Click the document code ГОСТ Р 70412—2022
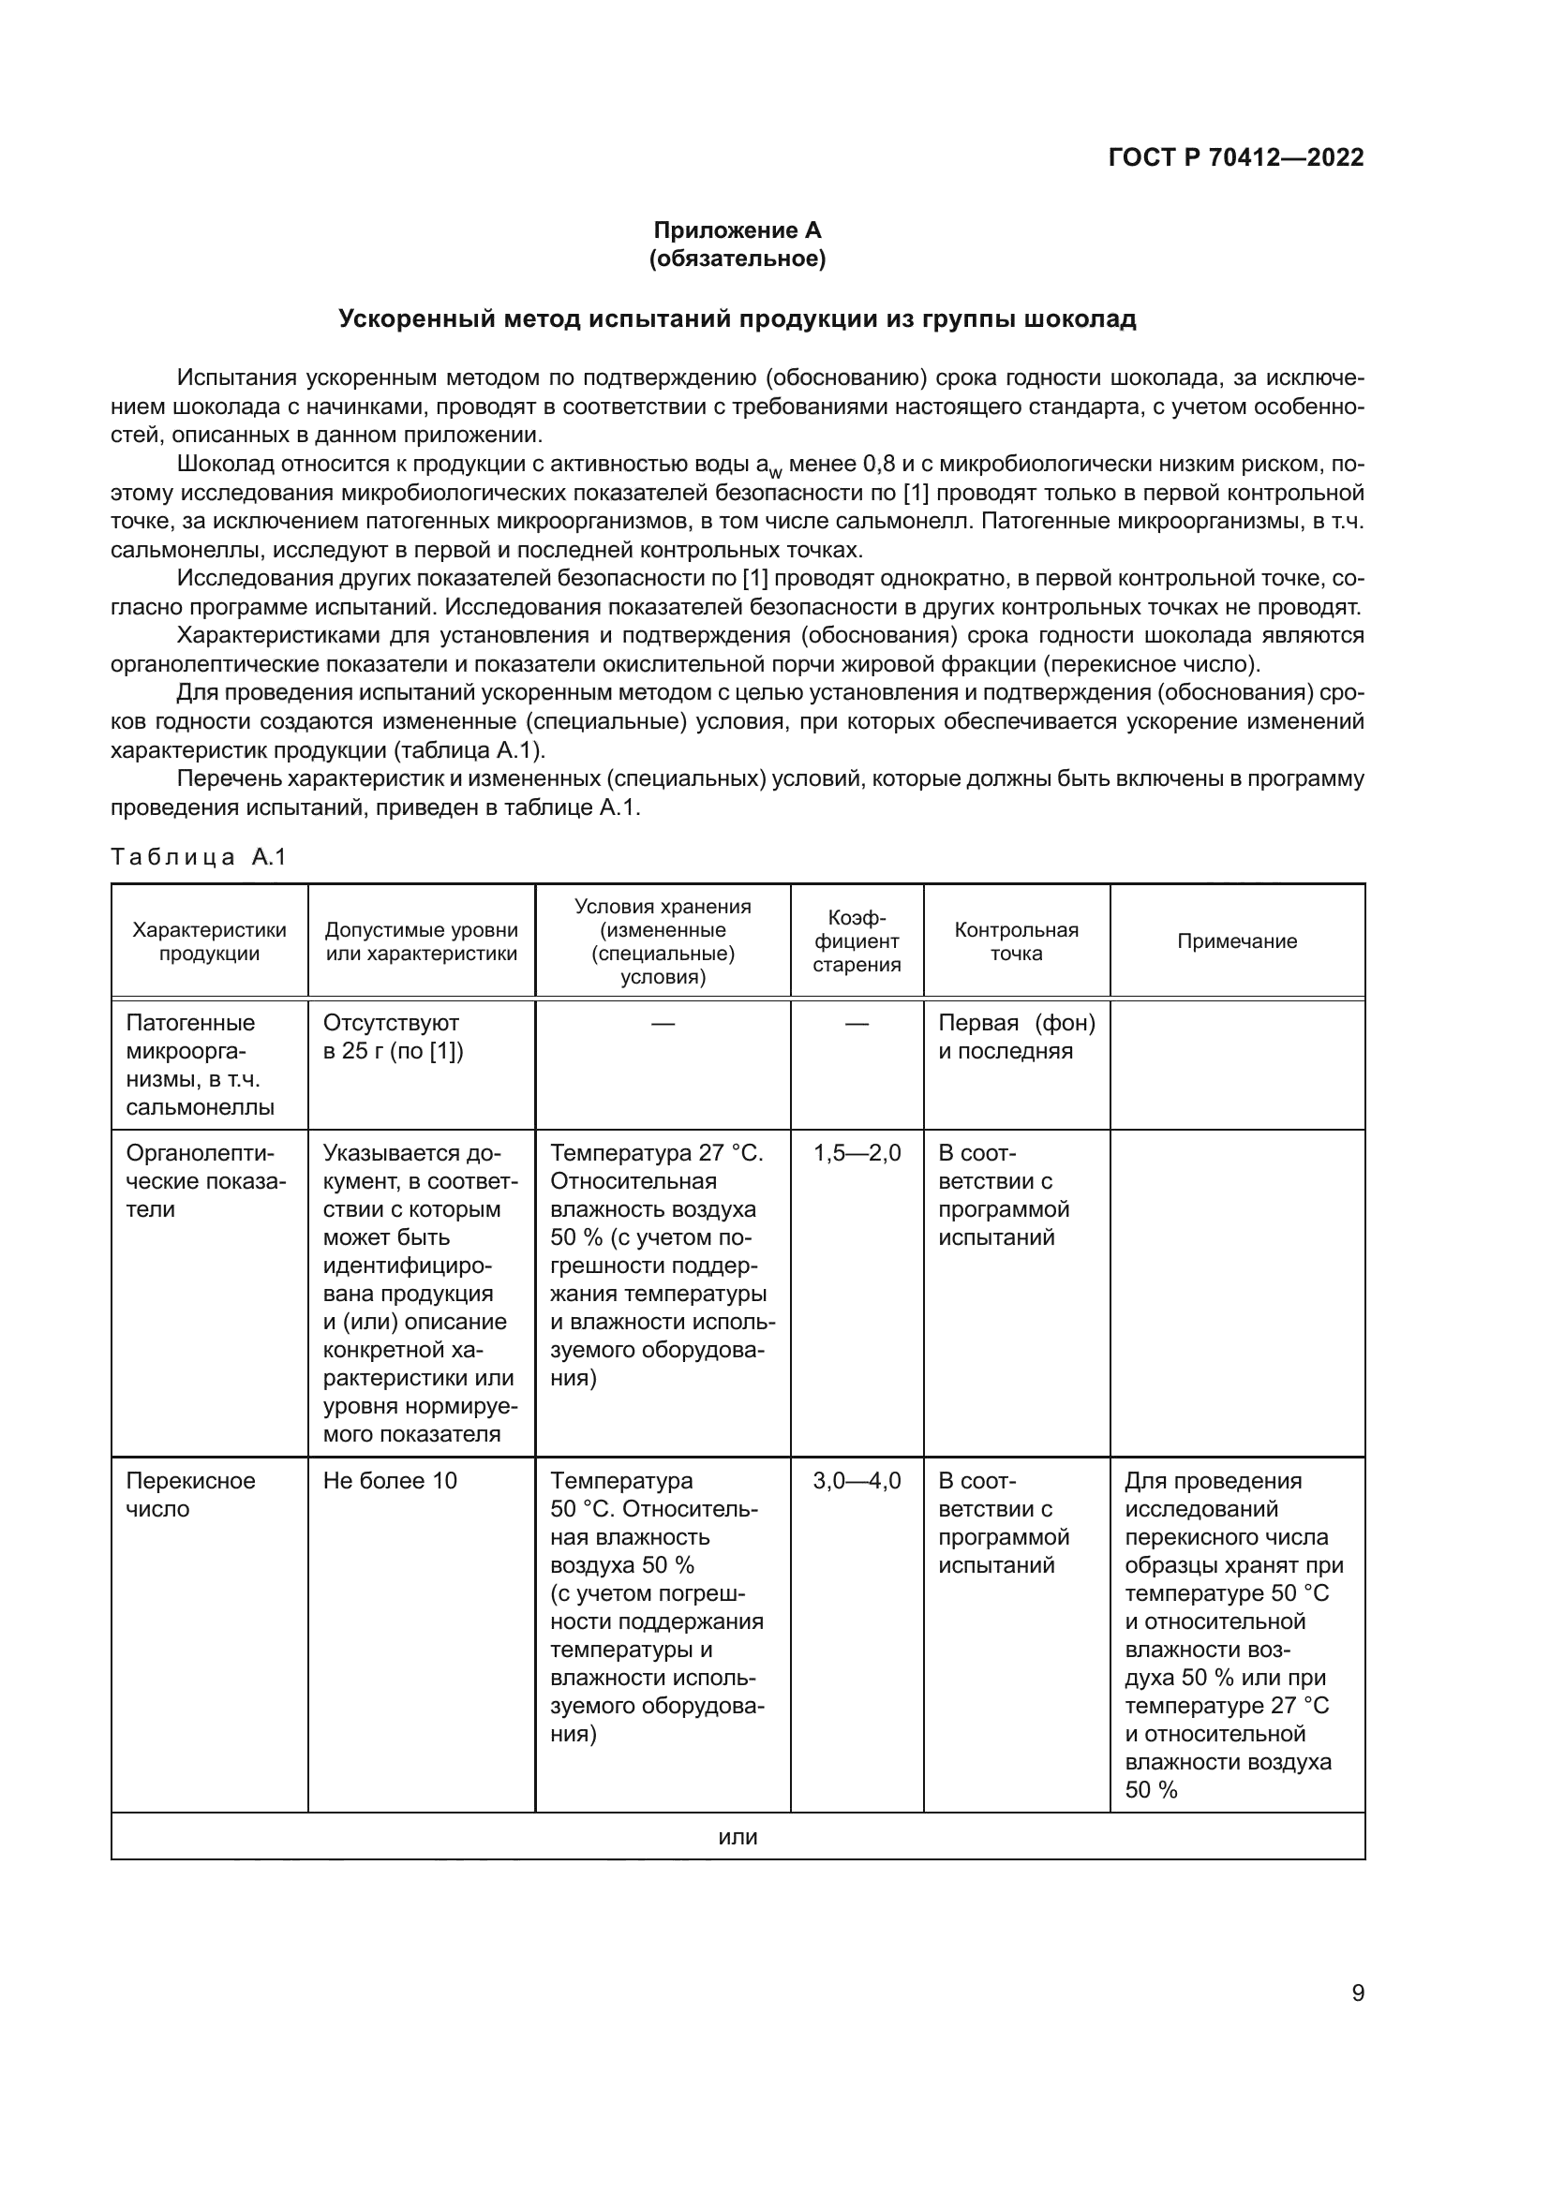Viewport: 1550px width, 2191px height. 1236,157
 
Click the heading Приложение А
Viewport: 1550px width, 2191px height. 737,230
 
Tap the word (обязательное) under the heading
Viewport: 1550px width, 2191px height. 737,259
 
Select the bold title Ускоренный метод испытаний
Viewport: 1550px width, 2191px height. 737,318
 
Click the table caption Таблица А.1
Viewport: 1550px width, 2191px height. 199,857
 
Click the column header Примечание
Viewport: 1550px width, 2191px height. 1237,941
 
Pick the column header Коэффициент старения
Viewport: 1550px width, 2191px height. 857,941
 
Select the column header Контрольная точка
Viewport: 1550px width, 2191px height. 1017,941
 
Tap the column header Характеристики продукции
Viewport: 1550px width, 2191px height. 209,941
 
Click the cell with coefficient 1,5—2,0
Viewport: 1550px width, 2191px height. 857,1154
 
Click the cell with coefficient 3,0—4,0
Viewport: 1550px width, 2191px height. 857,1481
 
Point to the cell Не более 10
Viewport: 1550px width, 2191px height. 390,1481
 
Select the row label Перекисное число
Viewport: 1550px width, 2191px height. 190,1494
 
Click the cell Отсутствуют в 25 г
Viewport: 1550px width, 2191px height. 393,1037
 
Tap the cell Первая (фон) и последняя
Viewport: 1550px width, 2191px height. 1016,1037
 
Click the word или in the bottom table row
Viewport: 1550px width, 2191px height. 737,1837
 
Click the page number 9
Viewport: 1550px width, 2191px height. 1357,1993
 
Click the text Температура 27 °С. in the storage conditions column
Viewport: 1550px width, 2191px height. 657,1154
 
